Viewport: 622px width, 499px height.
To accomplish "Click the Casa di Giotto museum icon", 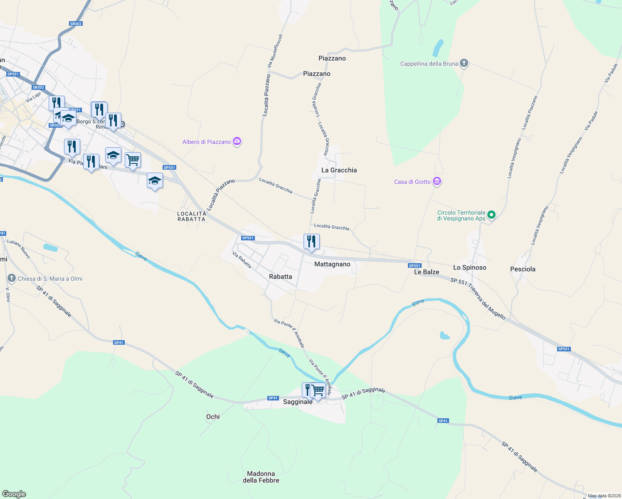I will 437,182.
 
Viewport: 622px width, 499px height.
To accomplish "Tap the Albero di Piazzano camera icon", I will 237,142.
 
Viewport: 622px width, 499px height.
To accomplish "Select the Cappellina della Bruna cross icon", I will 464,64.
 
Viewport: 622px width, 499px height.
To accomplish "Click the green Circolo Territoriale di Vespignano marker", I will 491,215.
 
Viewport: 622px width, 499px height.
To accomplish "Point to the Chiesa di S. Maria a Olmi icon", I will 12,279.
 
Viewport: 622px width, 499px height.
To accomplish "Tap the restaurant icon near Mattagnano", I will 311,242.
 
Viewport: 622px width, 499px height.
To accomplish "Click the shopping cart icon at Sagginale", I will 318,390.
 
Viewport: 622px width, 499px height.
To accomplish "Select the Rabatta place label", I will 280,277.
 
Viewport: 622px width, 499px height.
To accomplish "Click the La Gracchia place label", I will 339,170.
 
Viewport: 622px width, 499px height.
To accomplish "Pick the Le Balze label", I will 427,272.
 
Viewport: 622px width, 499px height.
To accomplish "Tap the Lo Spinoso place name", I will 469,267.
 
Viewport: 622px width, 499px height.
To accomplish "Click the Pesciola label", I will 523,269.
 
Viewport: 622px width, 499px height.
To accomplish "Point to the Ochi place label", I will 213,417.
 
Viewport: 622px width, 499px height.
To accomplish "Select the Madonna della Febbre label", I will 261,477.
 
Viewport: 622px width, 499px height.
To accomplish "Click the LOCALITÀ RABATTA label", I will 192,216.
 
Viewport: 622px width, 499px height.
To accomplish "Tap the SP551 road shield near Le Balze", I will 415,266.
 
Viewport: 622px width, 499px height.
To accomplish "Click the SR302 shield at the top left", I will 76,24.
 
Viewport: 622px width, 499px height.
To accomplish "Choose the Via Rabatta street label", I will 242,260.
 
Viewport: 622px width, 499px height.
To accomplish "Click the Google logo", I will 14,494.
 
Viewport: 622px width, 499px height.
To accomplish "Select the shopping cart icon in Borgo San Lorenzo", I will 133,160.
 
